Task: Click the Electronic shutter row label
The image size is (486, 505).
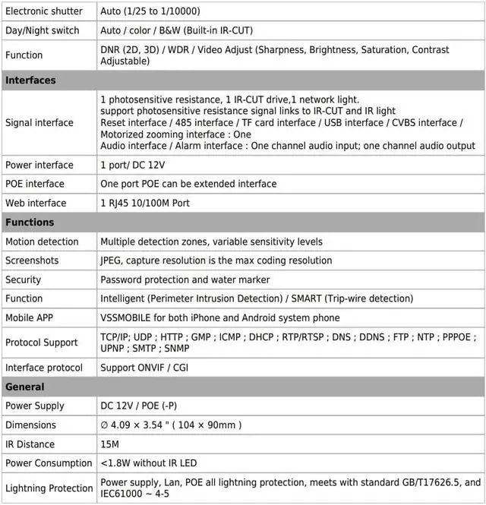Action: click(x=44, y=11)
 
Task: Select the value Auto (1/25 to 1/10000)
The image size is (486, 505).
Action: click(x=150, y=11)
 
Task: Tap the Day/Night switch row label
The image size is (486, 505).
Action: click(x=42, y=30)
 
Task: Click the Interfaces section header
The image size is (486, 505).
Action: click(x=30, y=80)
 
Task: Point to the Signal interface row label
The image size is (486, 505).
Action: click(x=39, y=122)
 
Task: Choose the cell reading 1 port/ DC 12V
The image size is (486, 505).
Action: click(x=133, y=165)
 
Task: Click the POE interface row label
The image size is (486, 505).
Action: click(x=35, y=184)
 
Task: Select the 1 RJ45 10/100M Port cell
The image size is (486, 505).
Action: click(x=145, y=203)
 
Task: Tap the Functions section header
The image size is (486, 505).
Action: click(x=30, y=223)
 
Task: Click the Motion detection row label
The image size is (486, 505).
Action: click(x=42, y=241)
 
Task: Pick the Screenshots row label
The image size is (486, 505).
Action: click(x=32, y=260)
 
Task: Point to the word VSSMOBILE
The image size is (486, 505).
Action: click(x=126, y=317)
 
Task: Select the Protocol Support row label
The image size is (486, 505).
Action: click(x=42, y=342)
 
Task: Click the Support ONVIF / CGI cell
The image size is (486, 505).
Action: click(x=144, y=368)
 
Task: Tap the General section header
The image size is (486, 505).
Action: click(x=25, y=387)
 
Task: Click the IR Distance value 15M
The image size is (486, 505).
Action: click(x=110, y=444)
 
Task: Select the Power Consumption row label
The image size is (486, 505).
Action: click(x=49, y=463)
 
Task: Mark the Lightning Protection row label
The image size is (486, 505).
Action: click(x=49, y=488)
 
